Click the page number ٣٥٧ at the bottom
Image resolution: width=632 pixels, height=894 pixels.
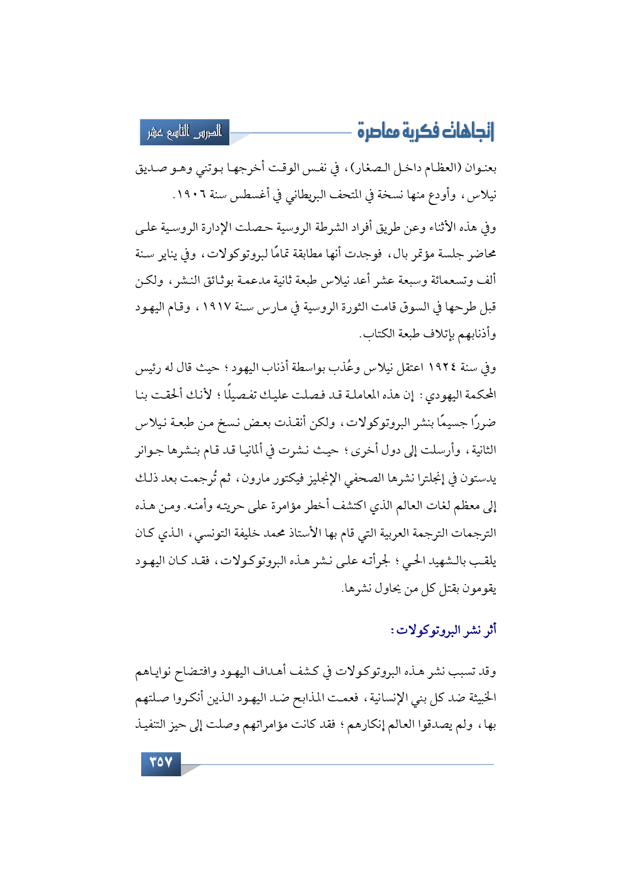point(161,763)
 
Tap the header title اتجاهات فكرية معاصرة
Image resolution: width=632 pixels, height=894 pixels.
point(426,132)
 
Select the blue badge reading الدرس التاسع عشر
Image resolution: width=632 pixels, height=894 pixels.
point(185,133)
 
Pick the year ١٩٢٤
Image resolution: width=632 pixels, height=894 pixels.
point(443,367)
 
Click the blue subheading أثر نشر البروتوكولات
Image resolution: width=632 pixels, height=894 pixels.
point(443,630)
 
